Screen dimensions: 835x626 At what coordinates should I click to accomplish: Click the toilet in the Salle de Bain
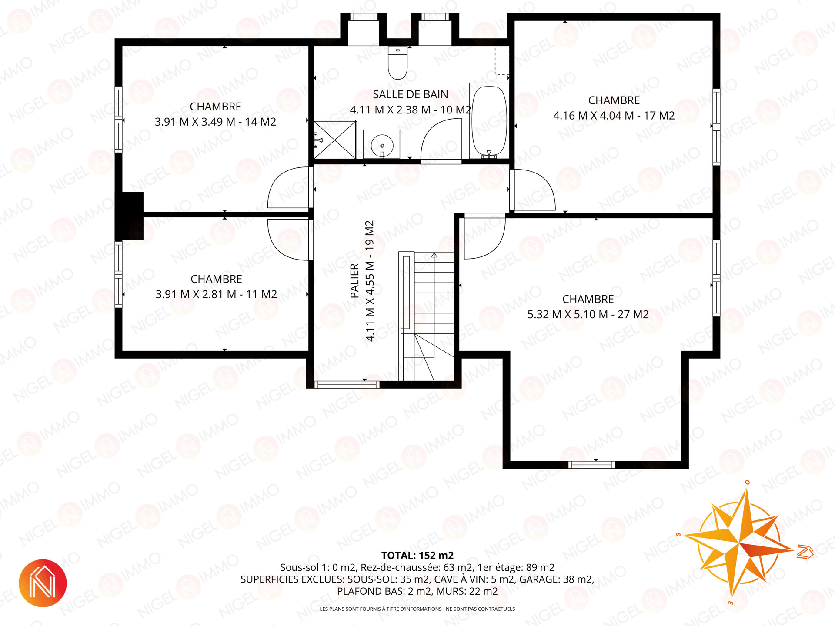coord(397,63)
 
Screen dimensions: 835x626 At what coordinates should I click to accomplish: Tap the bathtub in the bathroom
coord(489,120)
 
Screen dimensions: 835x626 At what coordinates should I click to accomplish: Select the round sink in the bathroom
coord(381,144)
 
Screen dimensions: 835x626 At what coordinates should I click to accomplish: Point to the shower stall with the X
coord(335,140)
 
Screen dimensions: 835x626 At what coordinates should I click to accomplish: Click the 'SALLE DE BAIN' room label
coord(411,94)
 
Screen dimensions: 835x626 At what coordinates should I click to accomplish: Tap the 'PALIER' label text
coord(354,280)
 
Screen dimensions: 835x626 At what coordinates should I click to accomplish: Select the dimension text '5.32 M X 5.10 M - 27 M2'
coord(588,314)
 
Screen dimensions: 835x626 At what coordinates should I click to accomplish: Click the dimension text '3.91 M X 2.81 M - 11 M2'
coord(216,294)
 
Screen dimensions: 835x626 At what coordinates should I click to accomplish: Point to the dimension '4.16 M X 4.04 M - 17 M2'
coord(614,116)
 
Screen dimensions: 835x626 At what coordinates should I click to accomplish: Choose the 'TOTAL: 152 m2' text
coord(417,556)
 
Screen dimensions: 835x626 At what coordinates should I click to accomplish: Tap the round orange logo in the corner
coord(43,583)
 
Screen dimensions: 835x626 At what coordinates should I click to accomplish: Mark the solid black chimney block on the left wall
coord(130,216)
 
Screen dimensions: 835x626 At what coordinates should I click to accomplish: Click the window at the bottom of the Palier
coord(347,385)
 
